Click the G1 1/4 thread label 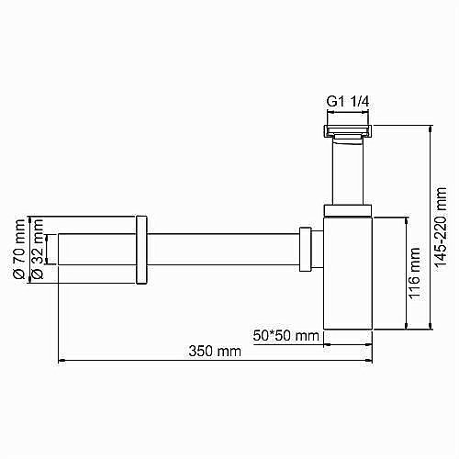coord(348,102)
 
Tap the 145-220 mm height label coord(441,229)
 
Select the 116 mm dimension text coord(414,274)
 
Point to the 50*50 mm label coord(285,336)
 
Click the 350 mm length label coord(215,351)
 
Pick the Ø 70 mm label coord(19,250)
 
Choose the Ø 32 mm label coord(38,250)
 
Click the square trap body coord(348,274)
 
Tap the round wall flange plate coord(141,250)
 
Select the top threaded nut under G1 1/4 coord(348,131)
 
